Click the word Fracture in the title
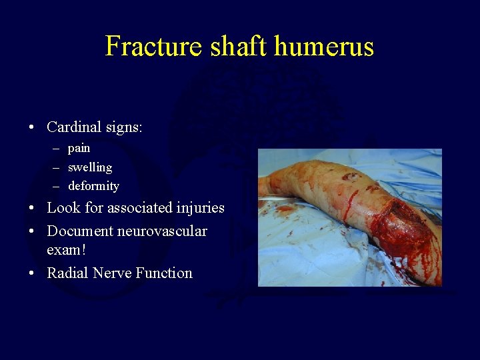point(152,46)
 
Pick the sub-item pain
point(79,148)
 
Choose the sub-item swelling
point(90,167)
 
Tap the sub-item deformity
point(93,186)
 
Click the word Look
point(63,208)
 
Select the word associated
point(129,208)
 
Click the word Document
point(80,231)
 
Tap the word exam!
point(65,251)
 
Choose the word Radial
point(68,273)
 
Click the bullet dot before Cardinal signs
point(32,127)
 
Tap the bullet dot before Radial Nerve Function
point(32,273)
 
